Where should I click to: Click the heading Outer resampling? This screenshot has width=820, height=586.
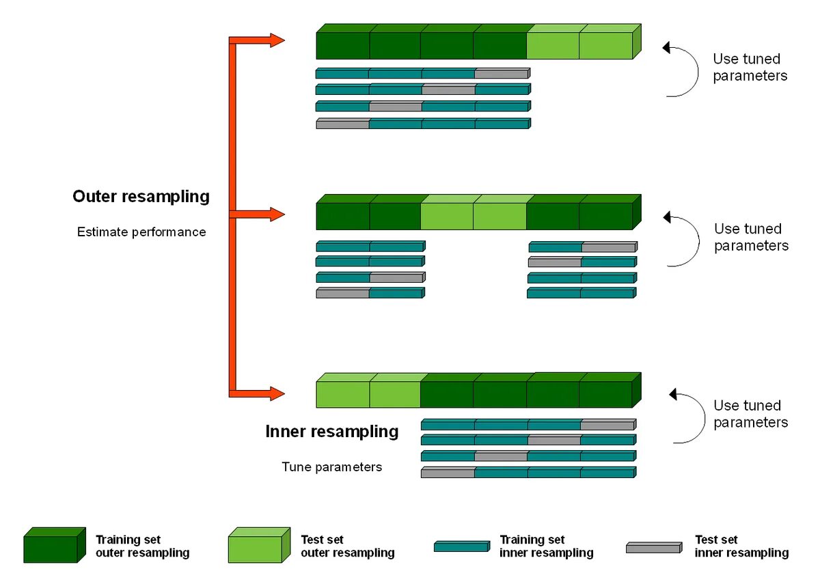(x=141, y=197)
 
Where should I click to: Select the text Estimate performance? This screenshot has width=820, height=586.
(x=141, y=232)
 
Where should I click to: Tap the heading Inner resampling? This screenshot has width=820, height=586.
(x=331, y=432)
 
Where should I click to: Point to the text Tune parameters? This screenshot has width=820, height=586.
(x=331, y=466)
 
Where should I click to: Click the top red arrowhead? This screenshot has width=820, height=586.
(x=277, y=40)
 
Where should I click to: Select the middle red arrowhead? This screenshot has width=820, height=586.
(x=277, y=214)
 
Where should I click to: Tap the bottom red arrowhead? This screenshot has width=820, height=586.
(x=277, y=393)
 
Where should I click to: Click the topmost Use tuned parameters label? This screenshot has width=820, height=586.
(x=750, y=68)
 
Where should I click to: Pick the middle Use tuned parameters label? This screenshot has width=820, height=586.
(x=751, y=237)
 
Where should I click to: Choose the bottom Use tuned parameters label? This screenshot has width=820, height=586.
(x=750, y=414)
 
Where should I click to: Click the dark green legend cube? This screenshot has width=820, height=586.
(x=55, y=545)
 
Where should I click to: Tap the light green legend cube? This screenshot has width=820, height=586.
(x=259, y=545)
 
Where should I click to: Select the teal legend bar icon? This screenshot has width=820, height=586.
(x=462, y=546)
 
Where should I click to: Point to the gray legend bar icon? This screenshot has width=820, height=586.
(x=654, y=547)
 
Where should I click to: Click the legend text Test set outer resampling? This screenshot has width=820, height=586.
(x=347, y=546)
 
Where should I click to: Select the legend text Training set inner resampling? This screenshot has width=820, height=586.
(x=546, y=546)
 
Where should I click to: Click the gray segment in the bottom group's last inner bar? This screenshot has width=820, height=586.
(x=448, y=472)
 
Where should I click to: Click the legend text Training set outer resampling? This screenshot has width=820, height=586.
(x=142, y=546)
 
